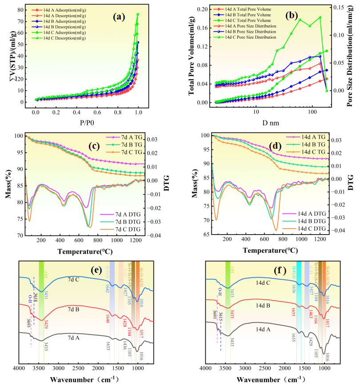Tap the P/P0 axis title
pyautogui.click(x=86, y=120)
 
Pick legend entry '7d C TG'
pyautogui.click(x=133, y=152)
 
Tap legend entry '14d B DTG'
pyautogui.click(x=312, y=221)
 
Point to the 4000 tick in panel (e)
pyautogui.click(x=19, y=369)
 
